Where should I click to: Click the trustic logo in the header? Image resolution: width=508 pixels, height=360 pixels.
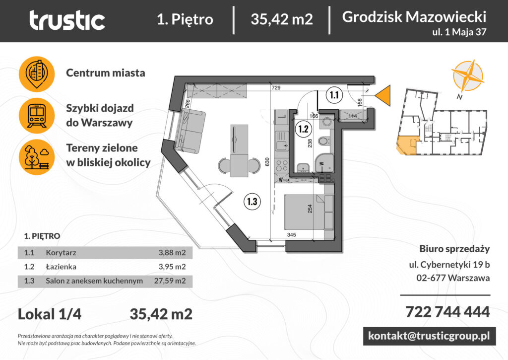coord(67,20)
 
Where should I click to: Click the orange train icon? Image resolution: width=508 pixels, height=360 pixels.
coord(37,115)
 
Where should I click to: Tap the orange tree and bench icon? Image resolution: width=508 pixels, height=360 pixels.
coord(37,156)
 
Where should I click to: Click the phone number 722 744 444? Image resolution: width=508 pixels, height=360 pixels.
coord(447,312)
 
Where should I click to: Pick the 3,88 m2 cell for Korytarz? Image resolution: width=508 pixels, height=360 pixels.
coord(172,252)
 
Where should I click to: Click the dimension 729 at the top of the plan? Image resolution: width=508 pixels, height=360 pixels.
coord(276,88)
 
